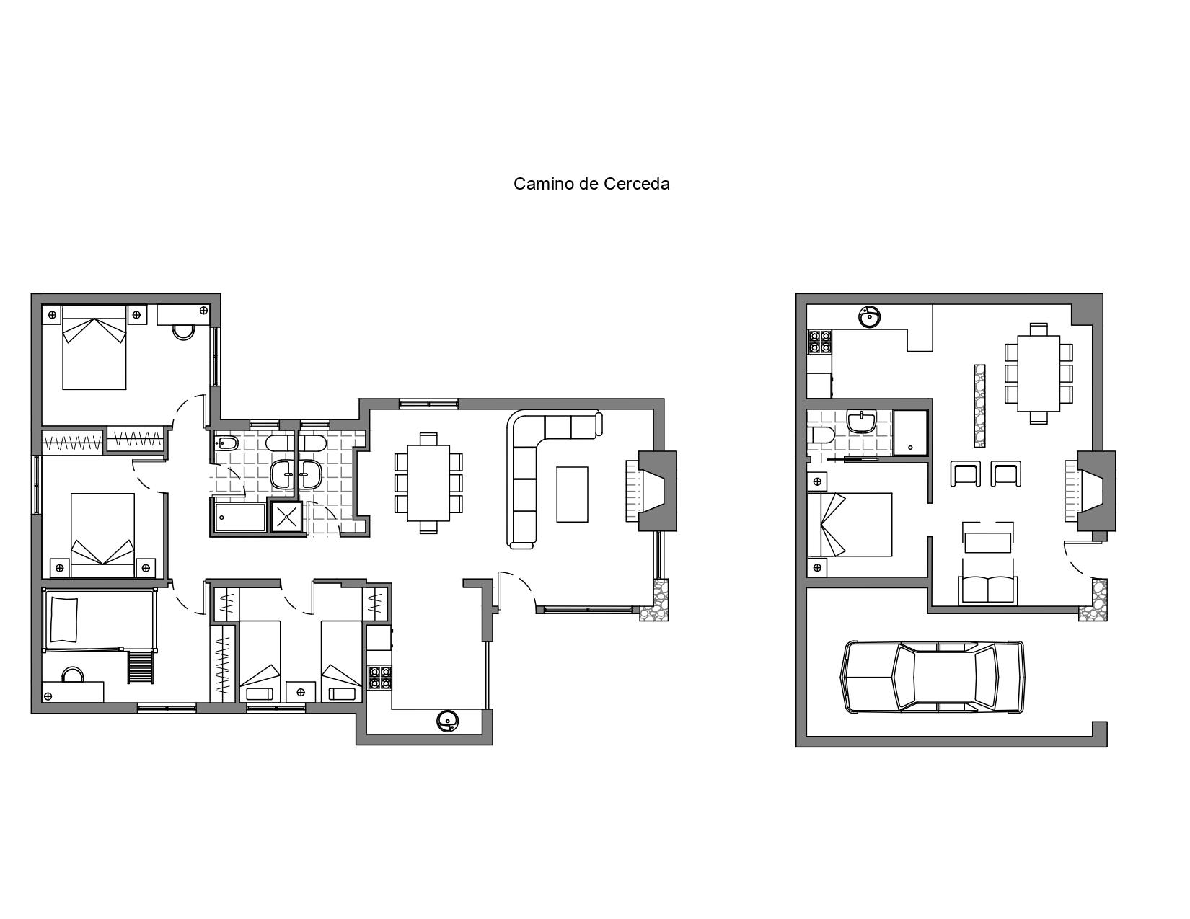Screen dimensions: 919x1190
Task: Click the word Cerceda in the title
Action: [x=636, y=184]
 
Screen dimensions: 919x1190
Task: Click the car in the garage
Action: [x=933, y=677]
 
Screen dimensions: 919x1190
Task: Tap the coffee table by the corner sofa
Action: [x=572, y=494]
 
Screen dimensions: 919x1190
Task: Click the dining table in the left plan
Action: [x=428, y=483]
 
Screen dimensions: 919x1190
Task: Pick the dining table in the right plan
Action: [x=1039, y=373]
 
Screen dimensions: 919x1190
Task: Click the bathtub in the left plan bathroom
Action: [x=239, y=518]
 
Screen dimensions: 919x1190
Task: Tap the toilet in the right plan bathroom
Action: [x=820, y=435]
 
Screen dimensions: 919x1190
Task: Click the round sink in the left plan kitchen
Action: [x=449, y=721]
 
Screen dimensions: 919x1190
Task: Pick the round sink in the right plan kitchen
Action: [x=870, y=316]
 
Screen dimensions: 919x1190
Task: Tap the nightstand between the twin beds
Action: [x=301, y=692]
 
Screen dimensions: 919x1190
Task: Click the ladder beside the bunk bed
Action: [x=141, y=667]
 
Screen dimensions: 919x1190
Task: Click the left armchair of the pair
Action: [x=966, y=474]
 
